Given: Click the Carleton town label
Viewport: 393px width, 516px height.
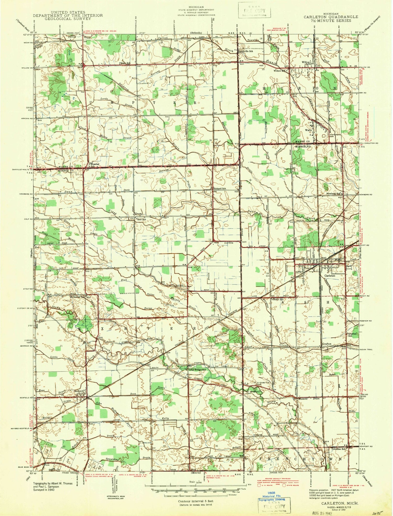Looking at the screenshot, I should point(330,276).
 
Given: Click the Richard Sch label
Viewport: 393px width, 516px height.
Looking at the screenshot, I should point(220,188).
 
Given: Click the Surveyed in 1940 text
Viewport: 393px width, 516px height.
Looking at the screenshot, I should point(44,490).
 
